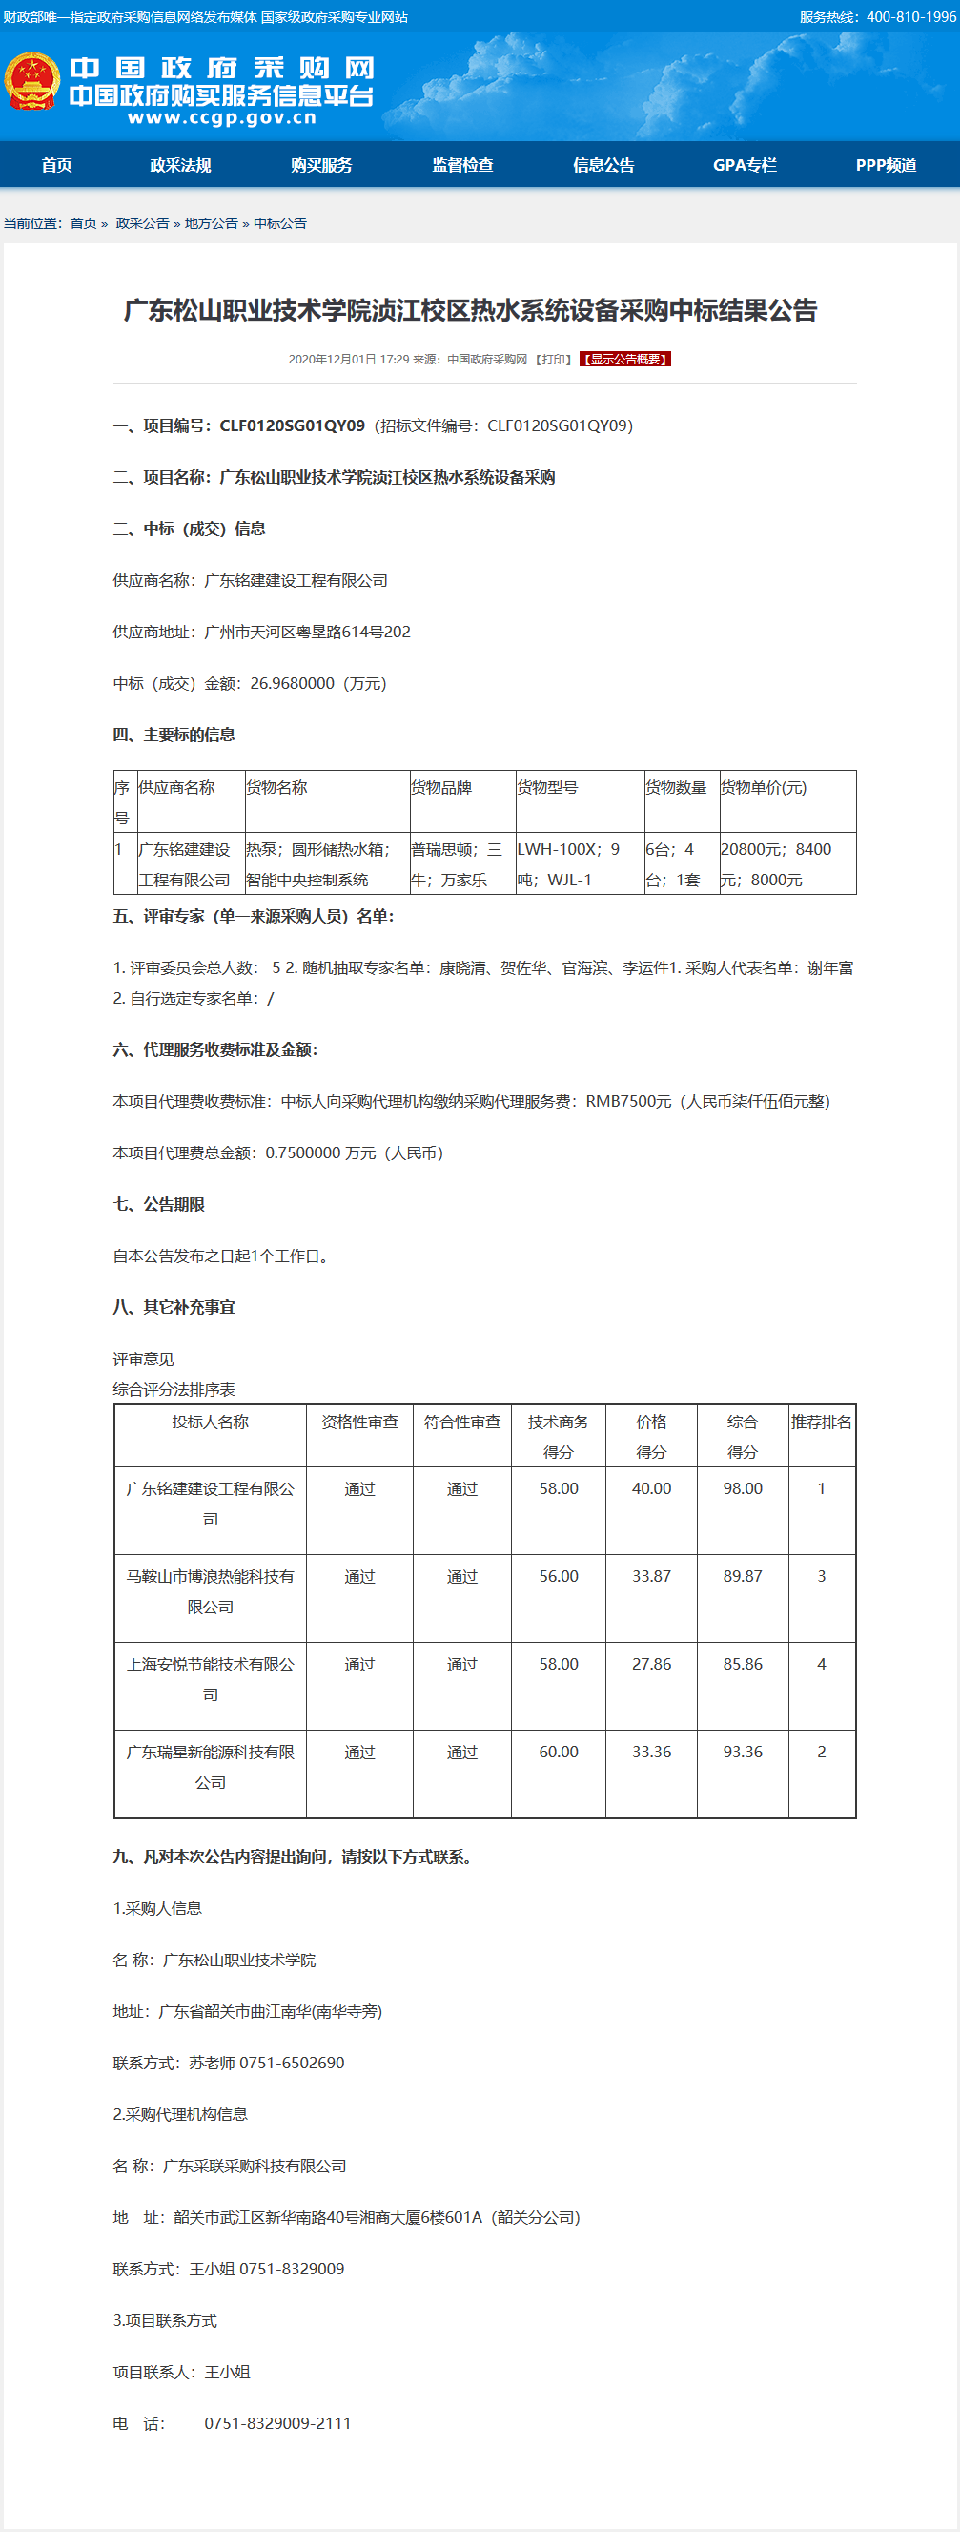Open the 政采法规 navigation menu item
[180, 165]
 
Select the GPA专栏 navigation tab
[745, 165]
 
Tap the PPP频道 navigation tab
[886, 165]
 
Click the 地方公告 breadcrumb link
[212, 223]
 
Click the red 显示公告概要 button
[625, 359]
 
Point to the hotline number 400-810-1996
[910, 17]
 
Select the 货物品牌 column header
[441, 787]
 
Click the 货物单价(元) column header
[764, 787]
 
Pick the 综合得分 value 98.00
[743, 1488]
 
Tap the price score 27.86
[651, 1664]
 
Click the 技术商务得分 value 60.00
[558, 1752]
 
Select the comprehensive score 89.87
[743, 1576]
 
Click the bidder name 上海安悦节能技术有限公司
[211, 1678]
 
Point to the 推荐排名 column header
[822, 1422]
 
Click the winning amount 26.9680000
[292, 683]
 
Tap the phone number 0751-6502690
[292, 2063]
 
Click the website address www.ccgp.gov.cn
[222, 118]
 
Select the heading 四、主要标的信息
[174, 735]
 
